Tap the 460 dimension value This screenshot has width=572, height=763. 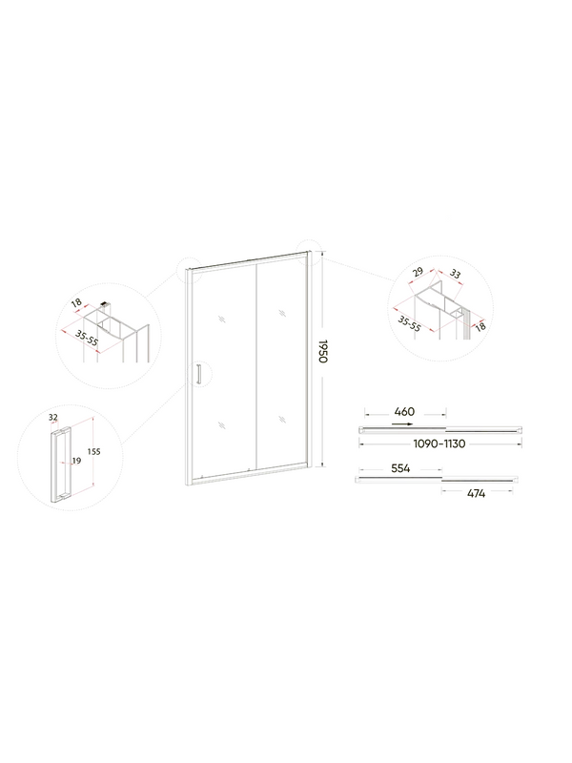(403, 413)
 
